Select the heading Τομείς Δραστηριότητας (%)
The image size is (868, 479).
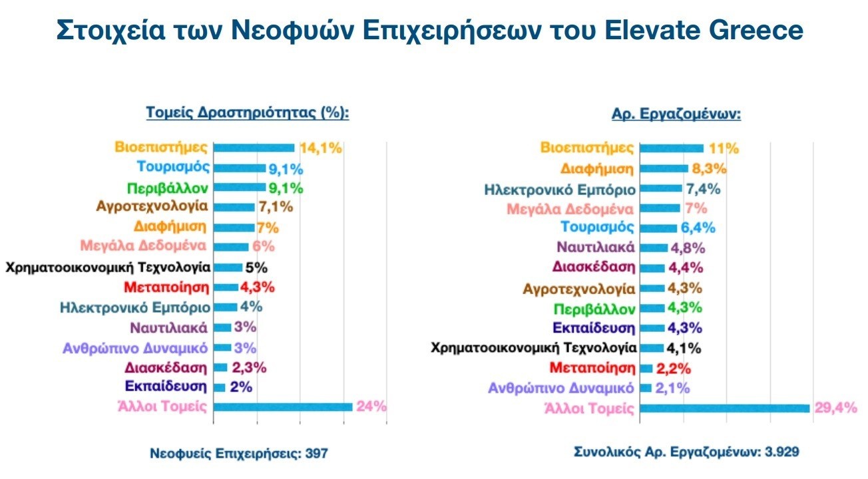(x=248, y=113)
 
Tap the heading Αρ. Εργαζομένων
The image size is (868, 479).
(x=676, y=114)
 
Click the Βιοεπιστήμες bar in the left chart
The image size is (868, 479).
(x=254, y=148)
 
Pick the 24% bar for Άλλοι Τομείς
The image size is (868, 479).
(x=283, y=407)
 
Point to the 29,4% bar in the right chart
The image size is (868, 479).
(x=724, y=408)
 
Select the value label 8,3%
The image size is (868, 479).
(x=709, y=168)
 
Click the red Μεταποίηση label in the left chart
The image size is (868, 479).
(x=166, y=287)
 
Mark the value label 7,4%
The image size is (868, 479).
(x=703, y=189)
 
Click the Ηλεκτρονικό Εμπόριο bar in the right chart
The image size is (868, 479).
(x=660, y=188)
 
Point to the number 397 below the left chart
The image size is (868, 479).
(x=317, y=454)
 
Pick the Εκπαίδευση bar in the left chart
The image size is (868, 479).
(x=220, y=387)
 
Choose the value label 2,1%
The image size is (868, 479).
(x=674, y=388)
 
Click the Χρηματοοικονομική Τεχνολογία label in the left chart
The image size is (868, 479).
(x=108, y=267)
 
